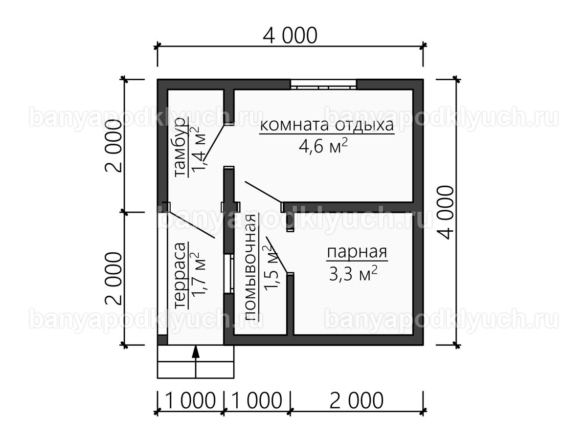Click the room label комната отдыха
(x=327, y=125)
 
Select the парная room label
(x=357, y=252)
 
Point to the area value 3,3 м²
(x=353, y=273)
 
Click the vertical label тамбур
(x=180, y=147)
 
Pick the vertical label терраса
(x=180, y=275)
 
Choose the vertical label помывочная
(x=251, y=267)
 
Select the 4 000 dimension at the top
(x=290, y=36)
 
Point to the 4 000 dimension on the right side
(x=445, y=212)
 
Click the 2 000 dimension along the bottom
(x=357, y=401)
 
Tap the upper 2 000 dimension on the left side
(x=113, y=146)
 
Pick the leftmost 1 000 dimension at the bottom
(x=190, y=401)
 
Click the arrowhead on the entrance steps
(x=196, y=352)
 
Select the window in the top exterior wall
(x=323, y=85)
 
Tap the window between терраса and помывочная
(x=229, y=274)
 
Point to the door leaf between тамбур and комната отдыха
(x=214, y=143)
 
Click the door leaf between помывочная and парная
(x=277, y=255)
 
